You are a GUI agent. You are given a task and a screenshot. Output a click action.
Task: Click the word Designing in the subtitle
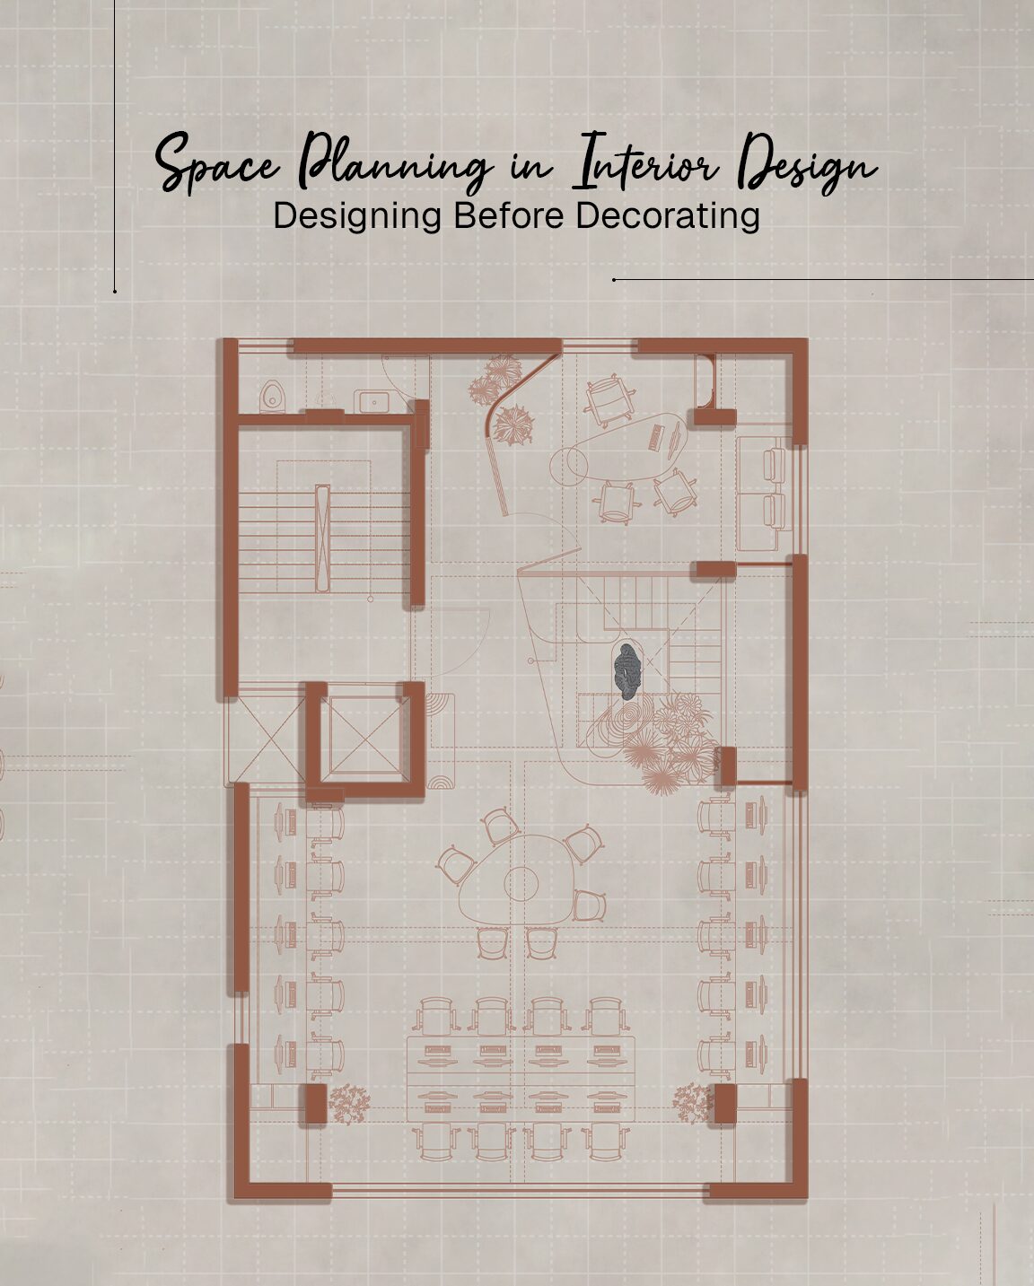(x=356, y=216)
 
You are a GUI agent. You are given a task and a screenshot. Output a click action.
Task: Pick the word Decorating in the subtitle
(x=668, y=216)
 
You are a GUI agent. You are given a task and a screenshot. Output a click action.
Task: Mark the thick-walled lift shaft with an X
(x=364, y=735)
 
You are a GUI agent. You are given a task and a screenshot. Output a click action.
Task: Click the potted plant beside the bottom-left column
(x=348, y=1102)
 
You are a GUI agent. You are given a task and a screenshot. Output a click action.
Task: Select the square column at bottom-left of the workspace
(x=311, y=1103)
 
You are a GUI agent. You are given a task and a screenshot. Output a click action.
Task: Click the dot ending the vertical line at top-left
(x=115, y=291)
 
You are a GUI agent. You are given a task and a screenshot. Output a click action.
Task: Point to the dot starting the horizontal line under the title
(x=614, y=279)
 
